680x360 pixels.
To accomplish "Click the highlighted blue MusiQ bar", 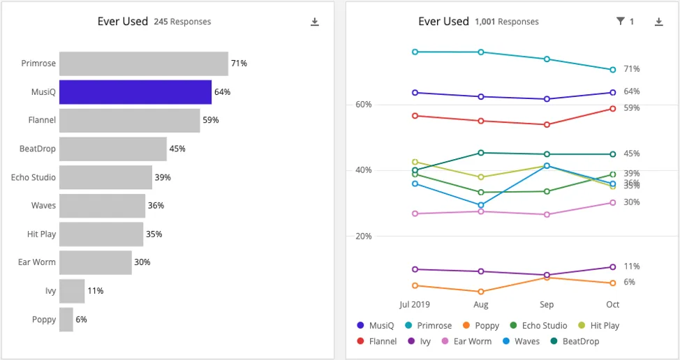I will coord(135,92).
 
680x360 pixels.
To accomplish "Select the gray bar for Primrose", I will coord(143,63).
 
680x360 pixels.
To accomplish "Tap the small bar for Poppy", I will coord(66,320).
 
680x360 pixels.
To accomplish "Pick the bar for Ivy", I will coord(72,291).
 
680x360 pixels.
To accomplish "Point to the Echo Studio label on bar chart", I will coord(34,177).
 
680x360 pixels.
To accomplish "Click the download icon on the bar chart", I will coord(315,22).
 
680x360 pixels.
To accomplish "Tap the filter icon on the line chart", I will coord(620,22).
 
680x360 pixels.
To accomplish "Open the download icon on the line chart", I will coord(658,22).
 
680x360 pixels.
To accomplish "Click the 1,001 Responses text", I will coord(506,22).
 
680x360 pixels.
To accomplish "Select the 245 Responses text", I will coord(182,22).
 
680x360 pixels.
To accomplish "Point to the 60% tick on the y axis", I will coord(364,105).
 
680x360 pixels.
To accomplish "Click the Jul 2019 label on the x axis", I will coord(415,305).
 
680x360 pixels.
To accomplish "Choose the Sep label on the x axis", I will coord(547,305).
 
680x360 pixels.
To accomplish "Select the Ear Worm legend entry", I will coord(466,341).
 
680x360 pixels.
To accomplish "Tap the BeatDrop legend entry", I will coord(575,341).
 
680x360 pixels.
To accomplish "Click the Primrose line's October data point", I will coord(612,70).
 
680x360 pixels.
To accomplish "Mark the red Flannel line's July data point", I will coord(415,116).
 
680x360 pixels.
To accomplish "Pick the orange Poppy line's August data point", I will coord(481,292).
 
